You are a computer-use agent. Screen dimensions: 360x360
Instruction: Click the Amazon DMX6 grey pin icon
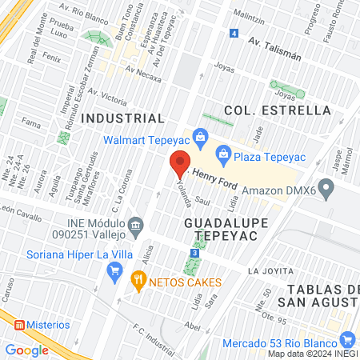click(x=326, y=190)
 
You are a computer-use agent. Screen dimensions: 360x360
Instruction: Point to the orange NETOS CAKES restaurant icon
click(x=138, y=279)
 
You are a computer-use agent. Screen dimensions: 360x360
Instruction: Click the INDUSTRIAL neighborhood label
click(x=118, y=118)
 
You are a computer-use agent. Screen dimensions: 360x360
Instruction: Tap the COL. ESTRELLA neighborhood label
click(x=266, y=110)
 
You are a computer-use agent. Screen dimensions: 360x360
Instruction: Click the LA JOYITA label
click(x=266, y=270)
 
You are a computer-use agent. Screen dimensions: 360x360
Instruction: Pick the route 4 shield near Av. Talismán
click(x=234, y=34)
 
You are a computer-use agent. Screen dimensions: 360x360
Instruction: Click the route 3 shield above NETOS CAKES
click(x=194, y=253)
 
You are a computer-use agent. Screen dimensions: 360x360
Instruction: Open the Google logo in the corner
click(x=26, y=350)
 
